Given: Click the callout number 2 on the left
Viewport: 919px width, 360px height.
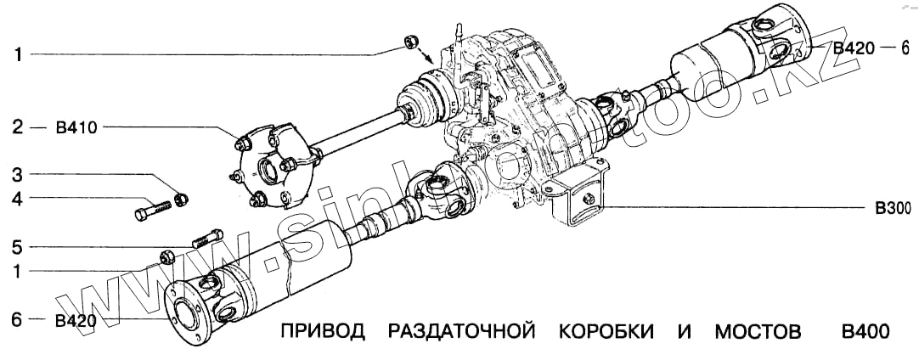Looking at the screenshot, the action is click(17, 129).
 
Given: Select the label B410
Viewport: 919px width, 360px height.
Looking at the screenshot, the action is click(76, 129).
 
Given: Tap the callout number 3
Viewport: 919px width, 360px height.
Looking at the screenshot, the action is click(17, 175).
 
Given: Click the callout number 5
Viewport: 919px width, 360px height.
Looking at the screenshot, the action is click(17, 248).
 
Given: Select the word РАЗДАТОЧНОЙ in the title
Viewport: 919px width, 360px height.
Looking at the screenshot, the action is click(461, 332).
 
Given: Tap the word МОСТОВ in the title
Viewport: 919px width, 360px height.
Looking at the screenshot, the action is click(757, 332).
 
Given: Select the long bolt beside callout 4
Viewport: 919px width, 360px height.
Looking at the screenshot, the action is click(153, 208).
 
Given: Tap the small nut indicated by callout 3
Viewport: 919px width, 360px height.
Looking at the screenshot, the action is click(180, 200).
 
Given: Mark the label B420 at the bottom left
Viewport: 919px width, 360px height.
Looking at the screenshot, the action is click(76, 320).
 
